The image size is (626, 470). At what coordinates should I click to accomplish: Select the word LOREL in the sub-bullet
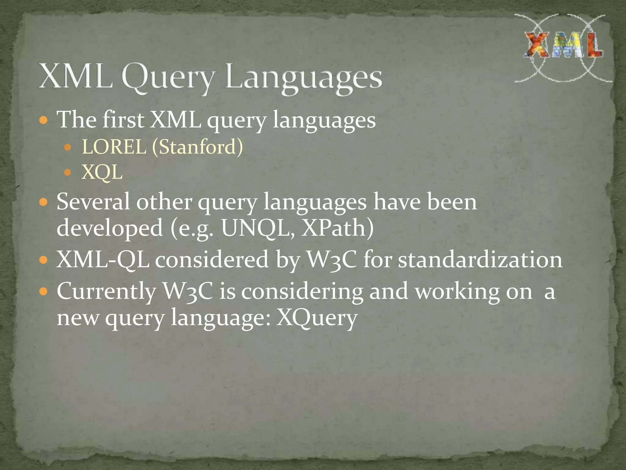coord(114,147)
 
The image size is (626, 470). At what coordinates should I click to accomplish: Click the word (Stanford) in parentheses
coord(197,147)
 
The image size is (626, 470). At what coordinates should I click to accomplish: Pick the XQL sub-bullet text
coord(102,172)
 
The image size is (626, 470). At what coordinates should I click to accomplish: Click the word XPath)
coord(337,228)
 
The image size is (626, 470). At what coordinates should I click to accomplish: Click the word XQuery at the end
coord(317,318)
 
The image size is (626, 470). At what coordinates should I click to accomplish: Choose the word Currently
coord(106,291)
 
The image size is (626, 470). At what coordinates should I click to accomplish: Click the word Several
coord(93,202)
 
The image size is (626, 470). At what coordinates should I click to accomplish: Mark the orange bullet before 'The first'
coord(44,120)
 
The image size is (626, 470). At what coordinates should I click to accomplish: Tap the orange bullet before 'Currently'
coord(44,291)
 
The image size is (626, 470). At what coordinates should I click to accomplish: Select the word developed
coord(110,228)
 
